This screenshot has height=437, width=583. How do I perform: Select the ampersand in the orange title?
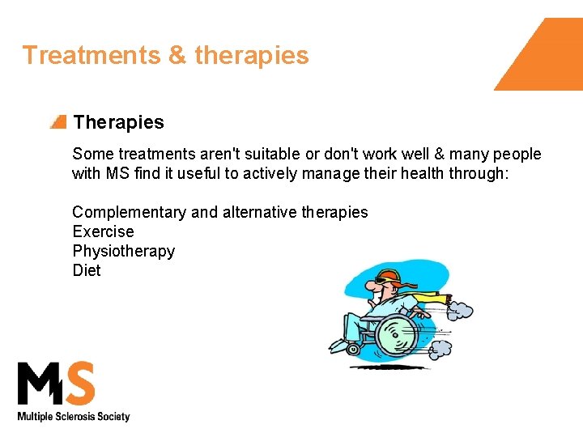(177, 55)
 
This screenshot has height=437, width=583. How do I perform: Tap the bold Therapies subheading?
(118, 122)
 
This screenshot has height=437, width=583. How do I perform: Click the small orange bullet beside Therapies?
(57, 122)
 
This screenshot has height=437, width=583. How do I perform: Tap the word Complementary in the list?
(129, 212)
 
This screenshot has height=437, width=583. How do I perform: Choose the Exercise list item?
(103, 231)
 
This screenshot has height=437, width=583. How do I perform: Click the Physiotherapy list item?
(123, 251)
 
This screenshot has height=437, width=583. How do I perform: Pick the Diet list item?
(87, 270)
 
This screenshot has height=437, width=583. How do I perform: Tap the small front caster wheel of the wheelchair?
(352, 349)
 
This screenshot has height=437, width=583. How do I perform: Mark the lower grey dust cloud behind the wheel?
(442, 348)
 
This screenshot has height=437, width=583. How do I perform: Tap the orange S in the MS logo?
(79, 384)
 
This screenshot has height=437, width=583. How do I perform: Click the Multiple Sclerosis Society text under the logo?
(74, 417)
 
